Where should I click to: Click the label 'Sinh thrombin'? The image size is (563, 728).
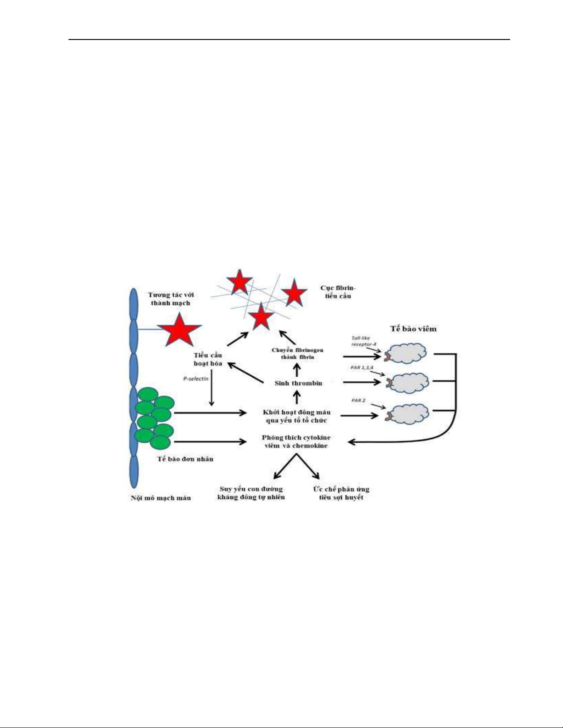298,383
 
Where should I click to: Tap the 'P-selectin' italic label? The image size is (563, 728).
196,378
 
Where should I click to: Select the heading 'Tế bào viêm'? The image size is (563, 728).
413,329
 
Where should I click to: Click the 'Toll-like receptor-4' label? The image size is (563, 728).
364,341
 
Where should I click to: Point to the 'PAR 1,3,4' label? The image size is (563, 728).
362,367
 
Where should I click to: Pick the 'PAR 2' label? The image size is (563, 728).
358,401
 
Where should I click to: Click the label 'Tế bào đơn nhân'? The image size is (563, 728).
185,459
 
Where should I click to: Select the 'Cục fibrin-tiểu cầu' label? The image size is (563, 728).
338,292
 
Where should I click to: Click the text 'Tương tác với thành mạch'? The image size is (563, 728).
171,299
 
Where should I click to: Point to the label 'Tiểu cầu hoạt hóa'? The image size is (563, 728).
208,359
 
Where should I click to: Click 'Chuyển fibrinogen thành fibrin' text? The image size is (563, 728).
298,354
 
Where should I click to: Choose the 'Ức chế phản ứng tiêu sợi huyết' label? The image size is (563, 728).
341,493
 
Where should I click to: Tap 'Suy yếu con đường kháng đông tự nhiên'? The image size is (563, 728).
251,493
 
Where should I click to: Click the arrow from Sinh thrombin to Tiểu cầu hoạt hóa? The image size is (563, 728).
245,372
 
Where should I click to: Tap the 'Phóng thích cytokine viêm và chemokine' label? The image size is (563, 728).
296,441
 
